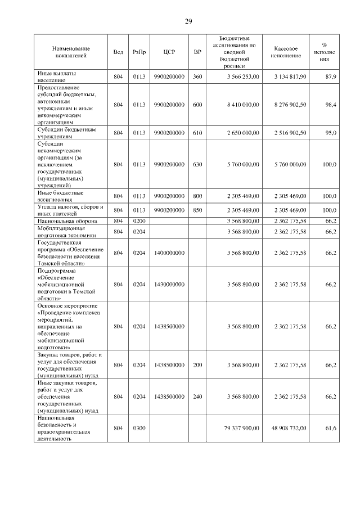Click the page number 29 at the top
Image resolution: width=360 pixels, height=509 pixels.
point(188,21)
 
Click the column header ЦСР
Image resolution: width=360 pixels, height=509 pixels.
point(169,52)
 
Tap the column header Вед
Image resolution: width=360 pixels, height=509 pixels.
point(118,52)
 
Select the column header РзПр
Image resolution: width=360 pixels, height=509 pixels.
point(139,52)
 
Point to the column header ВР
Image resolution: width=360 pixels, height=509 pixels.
point(197,52)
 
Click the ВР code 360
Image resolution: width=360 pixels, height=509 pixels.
point(197,76)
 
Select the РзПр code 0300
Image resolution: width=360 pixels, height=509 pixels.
point(139,429)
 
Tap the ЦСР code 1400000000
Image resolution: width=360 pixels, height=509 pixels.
point(169,253)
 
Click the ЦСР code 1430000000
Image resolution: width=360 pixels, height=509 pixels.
point(169,285)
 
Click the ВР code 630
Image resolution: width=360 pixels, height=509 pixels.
point(197,164)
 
